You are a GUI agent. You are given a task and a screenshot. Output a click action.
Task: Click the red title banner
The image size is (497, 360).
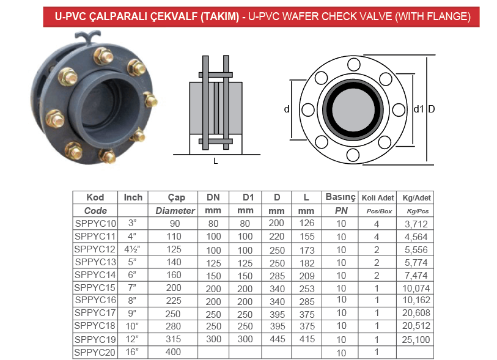tap(261, 17)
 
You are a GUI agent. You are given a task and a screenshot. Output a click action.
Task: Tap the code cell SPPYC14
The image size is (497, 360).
tap(95, 275)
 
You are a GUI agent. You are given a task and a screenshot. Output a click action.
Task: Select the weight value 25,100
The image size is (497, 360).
tap(416, 340)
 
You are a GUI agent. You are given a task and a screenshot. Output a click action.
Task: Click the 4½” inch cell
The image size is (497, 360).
tap(132, 249)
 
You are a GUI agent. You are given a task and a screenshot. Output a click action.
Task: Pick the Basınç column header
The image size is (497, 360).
tap(341, 197)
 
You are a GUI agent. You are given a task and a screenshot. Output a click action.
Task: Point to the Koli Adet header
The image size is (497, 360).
tap(378, 198)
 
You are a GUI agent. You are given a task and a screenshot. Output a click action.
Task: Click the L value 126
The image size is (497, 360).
tap(307, 224)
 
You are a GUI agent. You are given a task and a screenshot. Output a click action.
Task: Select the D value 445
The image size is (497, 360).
tap(278, 339)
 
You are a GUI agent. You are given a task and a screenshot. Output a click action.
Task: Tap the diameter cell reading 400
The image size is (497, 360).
tap(173, 352)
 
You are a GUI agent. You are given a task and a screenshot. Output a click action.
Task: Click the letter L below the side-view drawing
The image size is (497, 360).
tap(216, 161)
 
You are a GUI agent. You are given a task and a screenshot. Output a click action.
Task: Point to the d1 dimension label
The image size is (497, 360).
tap(419, 109)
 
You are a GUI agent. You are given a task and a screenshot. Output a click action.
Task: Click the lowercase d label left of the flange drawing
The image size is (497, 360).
tap(287, 109)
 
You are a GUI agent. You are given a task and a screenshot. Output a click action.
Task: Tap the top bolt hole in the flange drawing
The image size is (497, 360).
tap(354, 65)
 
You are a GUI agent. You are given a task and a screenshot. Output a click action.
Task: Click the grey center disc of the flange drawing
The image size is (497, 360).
tap(353, 109)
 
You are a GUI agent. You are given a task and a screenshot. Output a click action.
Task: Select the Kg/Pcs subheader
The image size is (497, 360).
tap(418, 211)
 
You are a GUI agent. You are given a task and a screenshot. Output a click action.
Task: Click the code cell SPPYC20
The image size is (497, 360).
tap(95, 352)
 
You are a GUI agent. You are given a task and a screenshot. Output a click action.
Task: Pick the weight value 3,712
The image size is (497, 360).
tap(416, 224)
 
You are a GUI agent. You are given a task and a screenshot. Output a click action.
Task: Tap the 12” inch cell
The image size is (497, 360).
tap(132, 339)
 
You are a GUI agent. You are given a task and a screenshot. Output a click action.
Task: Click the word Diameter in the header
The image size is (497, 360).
tap(175, 211)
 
